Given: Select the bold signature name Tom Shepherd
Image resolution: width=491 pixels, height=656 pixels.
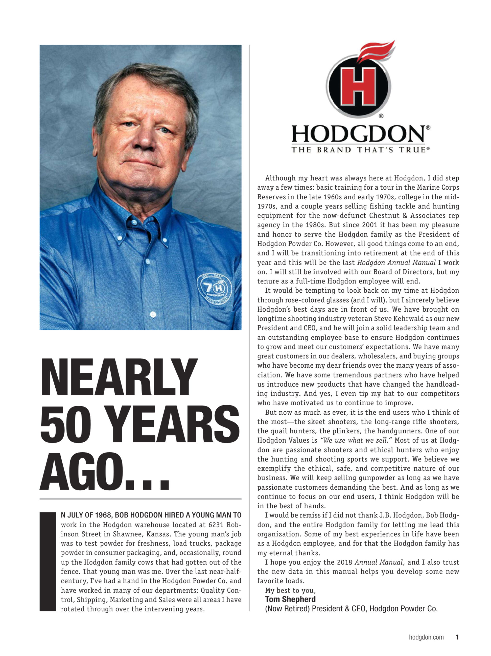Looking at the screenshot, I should [290, 599].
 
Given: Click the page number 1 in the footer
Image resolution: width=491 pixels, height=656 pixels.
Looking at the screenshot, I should [457, 637].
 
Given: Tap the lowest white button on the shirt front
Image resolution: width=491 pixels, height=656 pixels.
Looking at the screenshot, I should [153, 314].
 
